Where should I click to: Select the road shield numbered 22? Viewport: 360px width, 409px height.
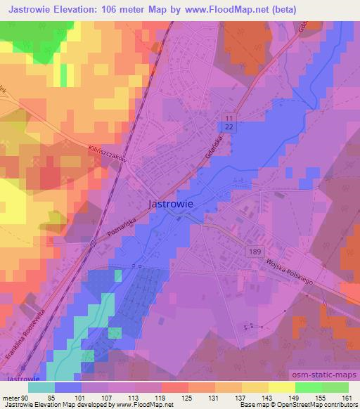pyautogui.click(x=230, y=124)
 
